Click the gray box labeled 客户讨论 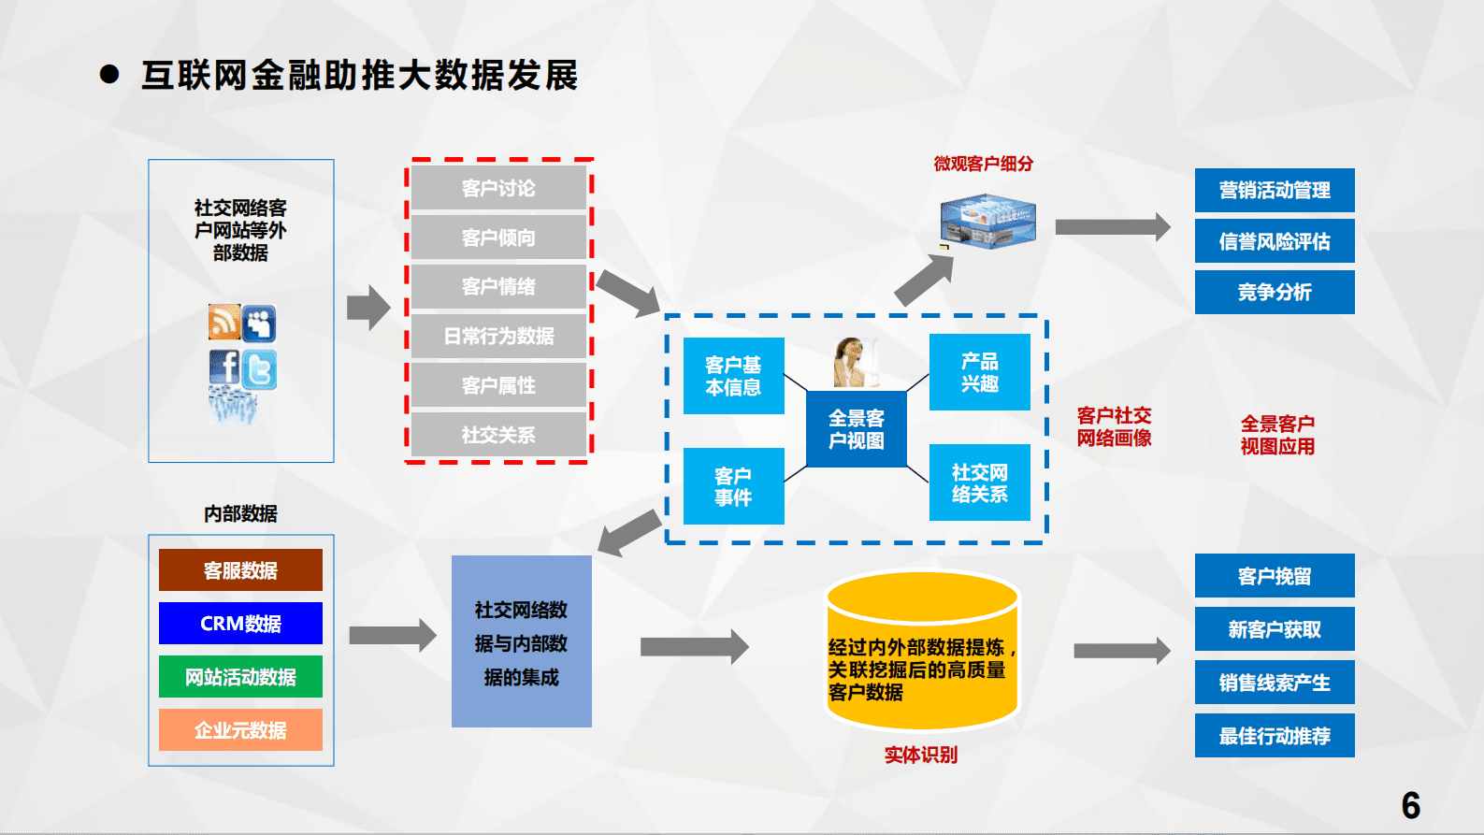click(498, 188)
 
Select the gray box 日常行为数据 click(498, 336)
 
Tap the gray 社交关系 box click(498, 435)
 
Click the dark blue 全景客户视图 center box click(856, 429)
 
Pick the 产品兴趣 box click(979, 372)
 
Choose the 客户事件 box click(733, 486)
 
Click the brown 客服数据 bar click(240, 570)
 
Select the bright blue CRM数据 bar click(240, 624)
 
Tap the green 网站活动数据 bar click(240, 677)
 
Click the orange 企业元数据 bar click(240, 730)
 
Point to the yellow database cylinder click(921, 655)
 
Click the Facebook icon click(224, 367)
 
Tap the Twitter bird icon click(260, 369)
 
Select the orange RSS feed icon click(224, 322)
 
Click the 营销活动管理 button click(1274, 191)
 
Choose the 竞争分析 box click(1274, 292)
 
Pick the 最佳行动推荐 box click(1274, 736)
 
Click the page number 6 click(1410, 805)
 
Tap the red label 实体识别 click(920, 755)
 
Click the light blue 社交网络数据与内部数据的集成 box click(521, 641)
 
